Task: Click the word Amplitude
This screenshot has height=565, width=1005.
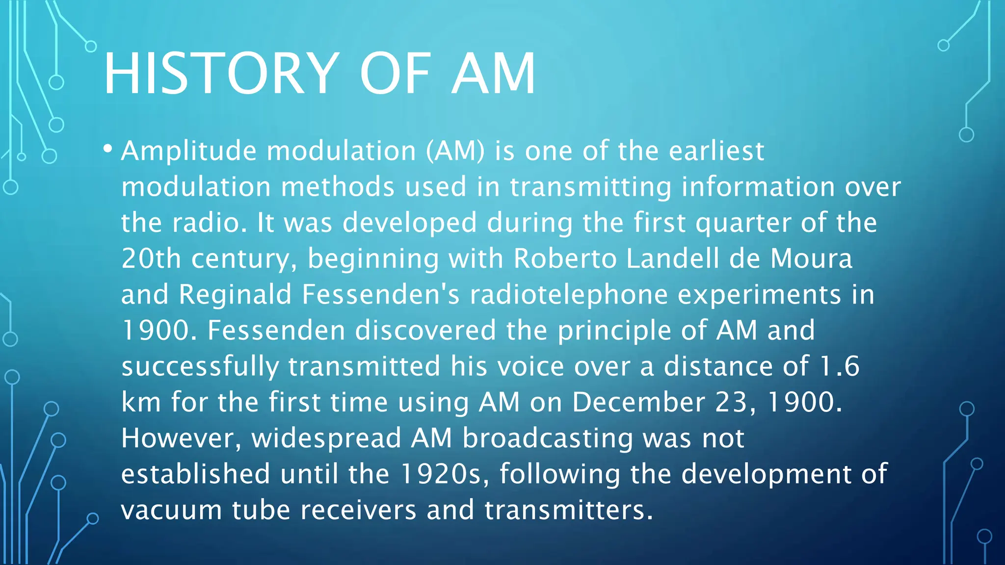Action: coord(189,151)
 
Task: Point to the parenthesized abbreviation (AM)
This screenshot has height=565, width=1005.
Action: coord(455,151)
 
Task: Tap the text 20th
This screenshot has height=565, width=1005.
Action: coord(151,258)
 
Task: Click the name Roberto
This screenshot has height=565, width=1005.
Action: coord(565,258)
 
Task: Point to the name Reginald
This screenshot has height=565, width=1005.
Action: coord(235,295)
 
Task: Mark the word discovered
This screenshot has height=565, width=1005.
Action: coord(425,330)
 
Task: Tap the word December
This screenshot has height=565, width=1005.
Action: coord(638,402)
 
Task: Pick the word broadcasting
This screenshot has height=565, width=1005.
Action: coord(548,438)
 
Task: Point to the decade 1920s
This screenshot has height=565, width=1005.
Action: coord(445,474)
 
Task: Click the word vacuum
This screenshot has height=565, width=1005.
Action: coord(171,510)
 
